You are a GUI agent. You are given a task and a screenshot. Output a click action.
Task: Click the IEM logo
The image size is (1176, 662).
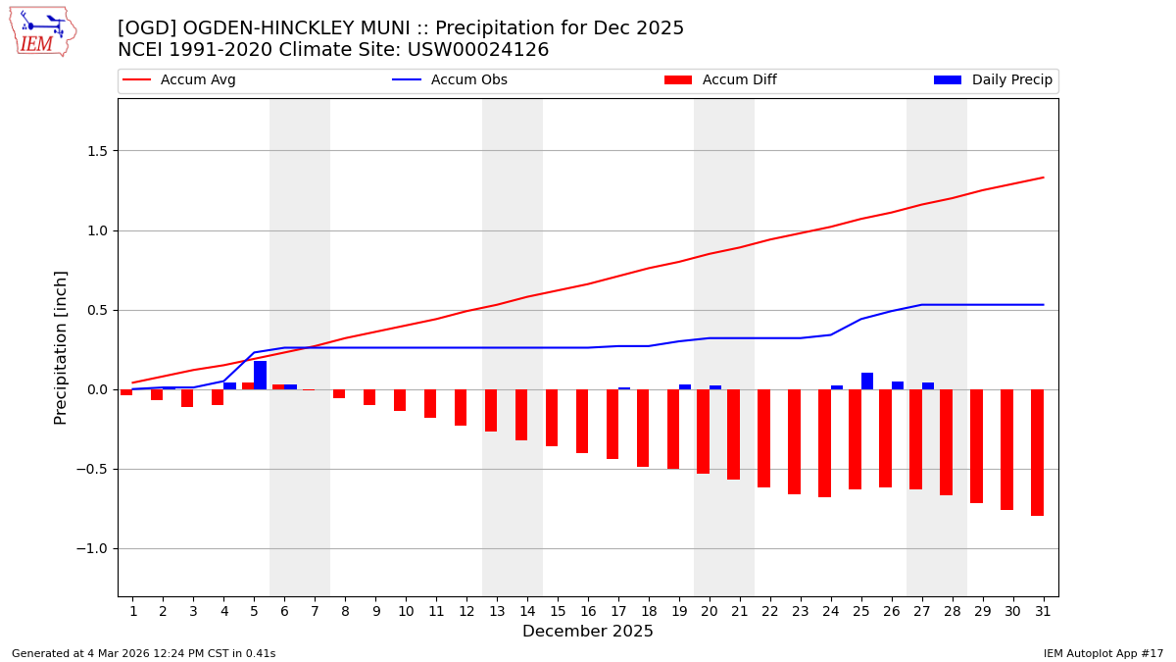42,31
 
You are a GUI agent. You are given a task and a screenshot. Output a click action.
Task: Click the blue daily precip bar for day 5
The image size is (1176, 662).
260,376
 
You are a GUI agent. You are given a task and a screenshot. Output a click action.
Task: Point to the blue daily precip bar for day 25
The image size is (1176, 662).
867,382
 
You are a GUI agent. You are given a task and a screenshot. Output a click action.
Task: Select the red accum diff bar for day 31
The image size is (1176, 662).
1037,452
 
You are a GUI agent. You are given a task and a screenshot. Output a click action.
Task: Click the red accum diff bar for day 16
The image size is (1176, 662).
582,421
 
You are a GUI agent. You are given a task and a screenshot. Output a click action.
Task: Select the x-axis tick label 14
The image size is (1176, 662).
527,611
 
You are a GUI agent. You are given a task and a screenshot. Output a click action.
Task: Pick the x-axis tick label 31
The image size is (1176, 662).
1043,611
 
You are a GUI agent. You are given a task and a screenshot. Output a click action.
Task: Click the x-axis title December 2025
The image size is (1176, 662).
588,632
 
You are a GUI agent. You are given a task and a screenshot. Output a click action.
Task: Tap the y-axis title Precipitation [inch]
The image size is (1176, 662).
61,347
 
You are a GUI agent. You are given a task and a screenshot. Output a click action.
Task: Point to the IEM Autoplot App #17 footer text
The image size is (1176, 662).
1103,653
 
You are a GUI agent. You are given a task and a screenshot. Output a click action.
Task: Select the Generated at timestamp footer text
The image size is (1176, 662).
143,653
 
